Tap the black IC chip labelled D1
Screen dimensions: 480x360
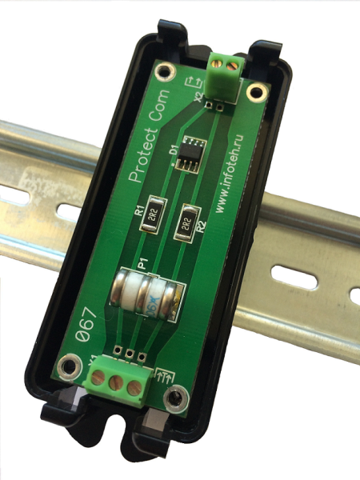[x=190, y=153]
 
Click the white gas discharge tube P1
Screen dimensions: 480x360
[x=149, y=295]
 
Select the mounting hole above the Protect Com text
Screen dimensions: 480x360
[x=165, y=76]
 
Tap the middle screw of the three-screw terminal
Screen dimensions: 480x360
[x=118, y=382]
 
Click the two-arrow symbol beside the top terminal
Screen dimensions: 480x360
[x=192, y=83]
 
